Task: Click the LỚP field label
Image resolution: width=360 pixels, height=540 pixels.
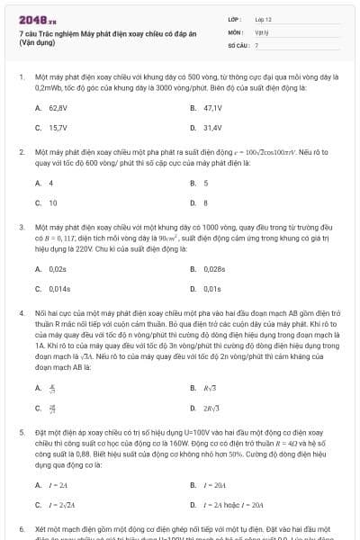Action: [x=234, y=18]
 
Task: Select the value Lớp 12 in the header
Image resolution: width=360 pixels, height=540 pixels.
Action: [x=263, y=18]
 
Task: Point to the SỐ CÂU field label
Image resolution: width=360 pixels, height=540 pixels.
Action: [x=237, y=44]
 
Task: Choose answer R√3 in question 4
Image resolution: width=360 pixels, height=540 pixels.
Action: [x=211, y=388]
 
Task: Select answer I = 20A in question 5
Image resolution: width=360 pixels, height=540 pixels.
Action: [x=213, y=484]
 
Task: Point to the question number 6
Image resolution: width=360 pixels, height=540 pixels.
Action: [x=22, y=529]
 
